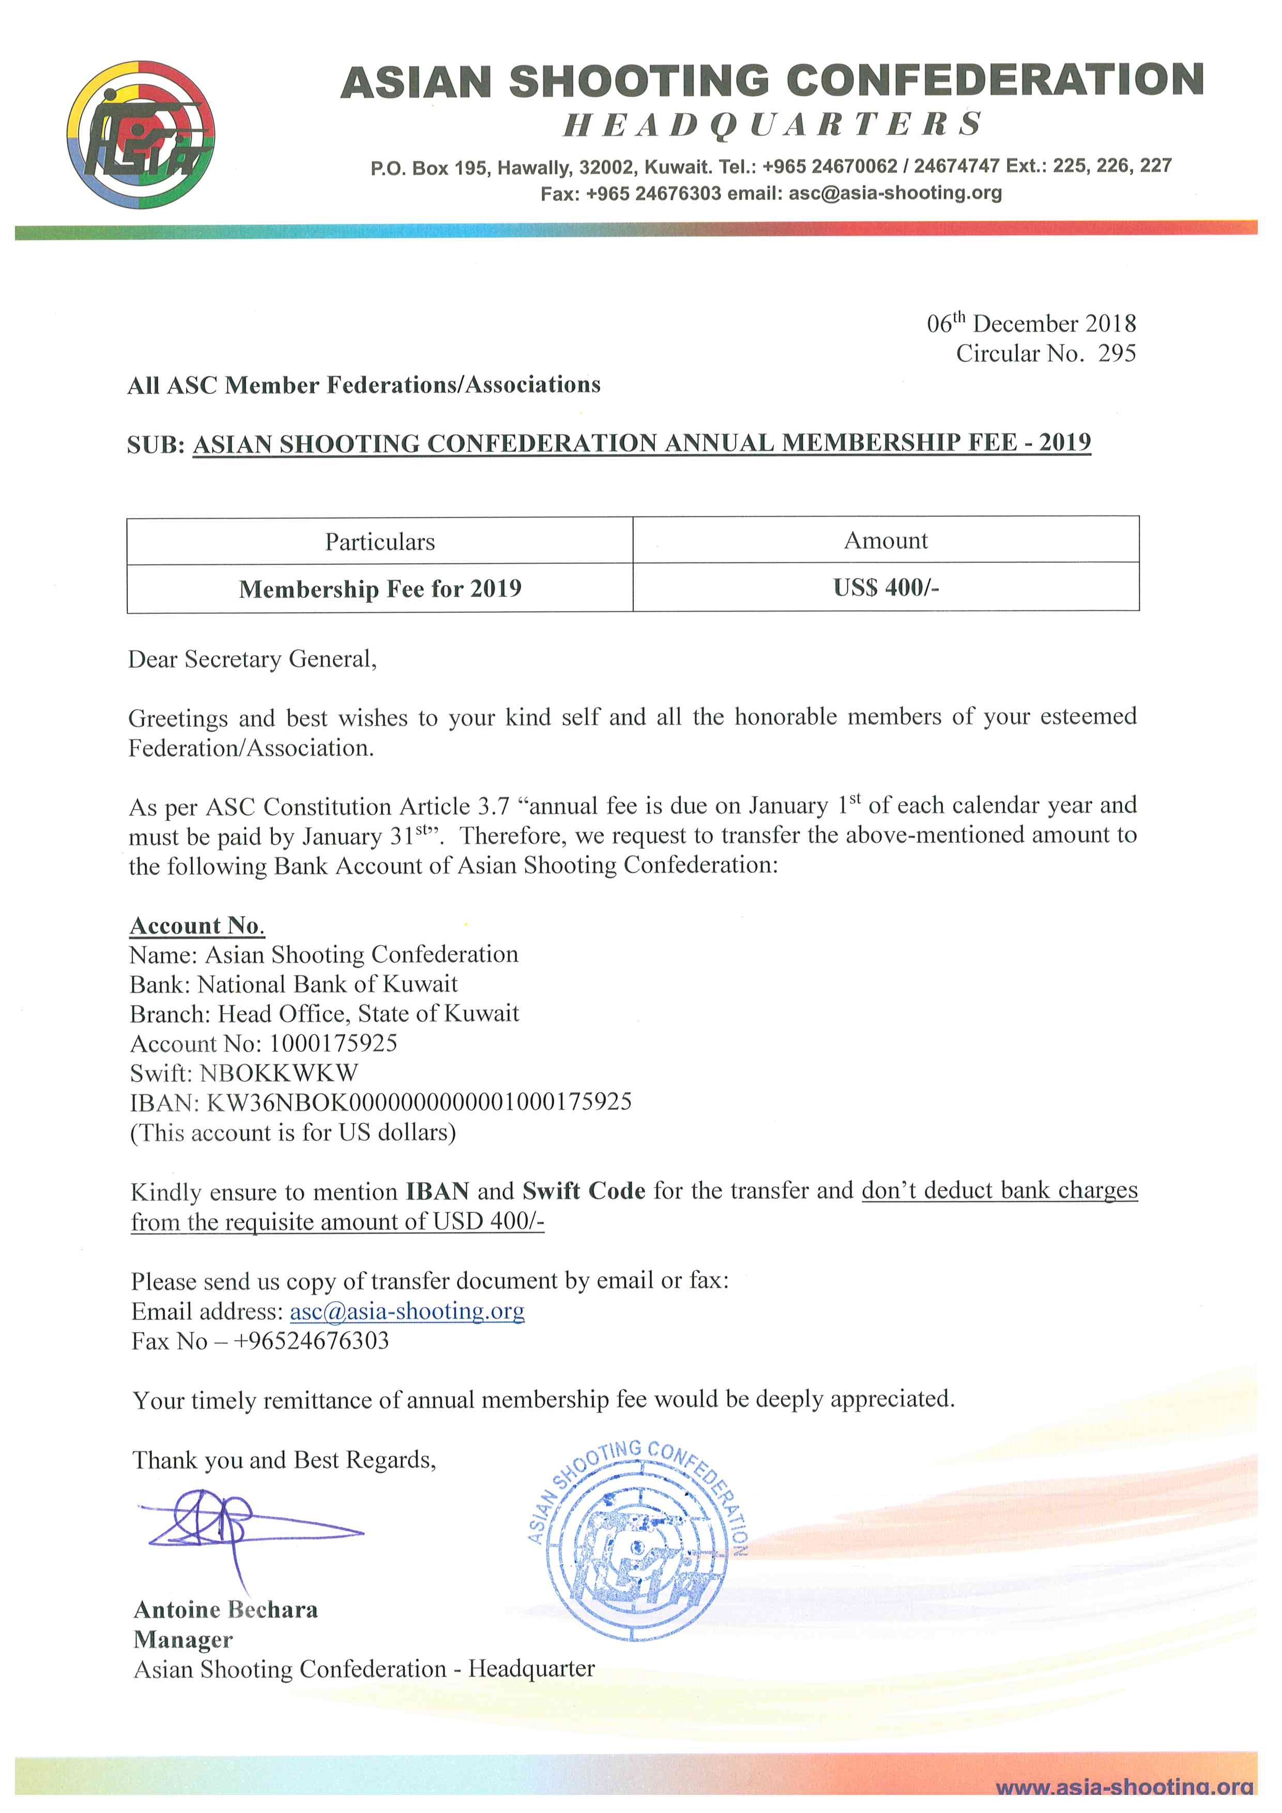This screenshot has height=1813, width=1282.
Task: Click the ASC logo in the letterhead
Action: tap(141, 134)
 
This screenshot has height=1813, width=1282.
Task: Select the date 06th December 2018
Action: tap(1030, 323)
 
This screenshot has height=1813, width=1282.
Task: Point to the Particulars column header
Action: tap(380, 542)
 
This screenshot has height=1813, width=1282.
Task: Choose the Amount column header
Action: tap(886, 541)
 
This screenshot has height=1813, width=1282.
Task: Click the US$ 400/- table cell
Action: tap(886, 587)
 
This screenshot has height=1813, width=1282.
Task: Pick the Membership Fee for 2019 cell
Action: tap(380, 589)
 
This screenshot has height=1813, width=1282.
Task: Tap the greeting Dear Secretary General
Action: tap(253, 659)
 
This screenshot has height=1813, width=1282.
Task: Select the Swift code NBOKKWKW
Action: tap(279, 1072)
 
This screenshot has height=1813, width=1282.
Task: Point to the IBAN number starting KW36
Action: tap(418, 1102)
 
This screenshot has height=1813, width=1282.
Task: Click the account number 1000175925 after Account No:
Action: tap(333, 1043)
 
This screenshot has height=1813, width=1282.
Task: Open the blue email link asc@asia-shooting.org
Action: tap(406, 1311)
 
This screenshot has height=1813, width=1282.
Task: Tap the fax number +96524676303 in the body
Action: tap(311, 1341)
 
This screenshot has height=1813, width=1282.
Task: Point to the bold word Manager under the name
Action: tap(183, 1639)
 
